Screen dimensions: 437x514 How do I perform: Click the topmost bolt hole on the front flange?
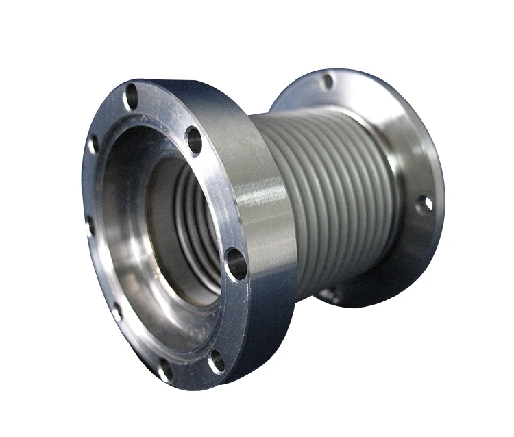[x=131, y=97]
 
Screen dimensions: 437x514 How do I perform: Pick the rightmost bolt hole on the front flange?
[x=236, y=264]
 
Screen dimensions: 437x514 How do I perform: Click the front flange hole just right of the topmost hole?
[x=194, y=140]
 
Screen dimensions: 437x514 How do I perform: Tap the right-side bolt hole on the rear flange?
[x=425, y=203]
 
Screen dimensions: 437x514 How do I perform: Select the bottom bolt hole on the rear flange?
[x=330, y=295]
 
